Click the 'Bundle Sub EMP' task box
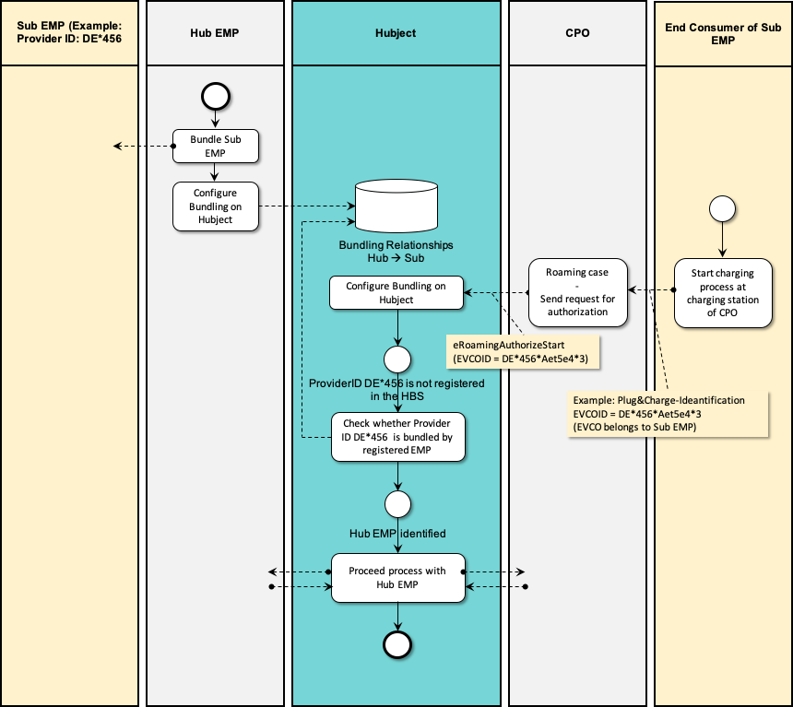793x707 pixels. click(215, 147)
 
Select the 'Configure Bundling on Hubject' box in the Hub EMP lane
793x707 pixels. click(215, 206)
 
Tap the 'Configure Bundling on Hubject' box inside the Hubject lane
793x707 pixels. click(396, 293)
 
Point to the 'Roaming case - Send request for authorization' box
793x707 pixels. click(578, 293)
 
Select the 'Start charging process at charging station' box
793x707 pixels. click(723, 293)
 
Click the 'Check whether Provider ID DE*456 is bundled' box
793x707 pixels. click(397, 437)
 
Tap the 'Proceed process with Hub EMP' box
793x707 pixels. click(397, 578)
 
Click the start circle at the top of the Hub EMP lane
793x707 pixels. click(215, 95)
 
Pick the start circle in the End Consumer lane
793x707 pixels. click(722, 209)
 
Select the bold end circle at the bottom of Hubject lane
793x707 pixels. click(397, 644)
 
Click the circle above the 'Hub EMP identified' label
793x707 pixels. click(397, 504)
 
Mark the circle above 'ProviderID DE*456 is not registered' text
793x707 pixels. click(397, 358)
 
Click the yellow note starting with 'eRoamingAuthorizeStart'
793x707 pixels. click(523, 351)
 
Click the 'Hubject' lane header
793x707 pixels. click(396, 33)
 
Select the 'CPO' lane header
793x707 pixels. click(577, 33)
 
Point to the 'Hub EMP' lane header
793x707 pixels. click(215, 33)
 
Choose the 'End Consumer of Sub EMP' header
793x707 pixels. click(723, 33)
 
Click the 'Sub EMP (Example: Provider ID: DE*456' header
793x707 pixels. click(69, 33)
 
